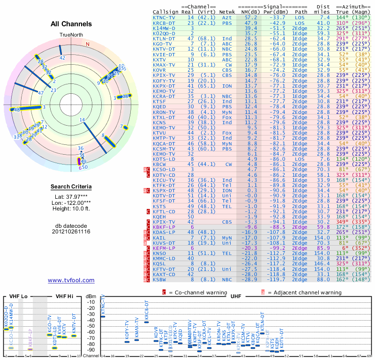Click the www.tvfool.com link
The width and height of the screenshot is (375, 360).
71,280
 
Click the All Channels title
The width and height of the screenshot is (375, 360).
71,24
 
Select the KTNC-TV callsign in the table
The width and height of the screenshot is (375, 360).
164,17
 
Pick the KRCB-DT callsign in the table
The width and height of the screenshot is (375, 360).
164,22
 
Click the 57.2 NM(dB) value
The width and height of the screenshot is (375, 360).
247,17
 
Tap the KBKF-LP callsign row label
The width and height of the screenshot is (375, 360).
164,226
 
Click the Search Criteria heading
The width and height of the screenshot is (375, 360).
71,187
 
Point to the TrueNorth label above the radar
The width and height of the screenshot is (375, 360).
71,35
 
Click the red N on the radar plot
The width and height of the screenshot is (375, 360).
87,44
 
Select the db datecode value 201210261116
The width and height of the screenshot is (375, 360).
71,232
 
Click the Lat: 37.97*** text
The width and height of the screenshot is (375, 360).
71,196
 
